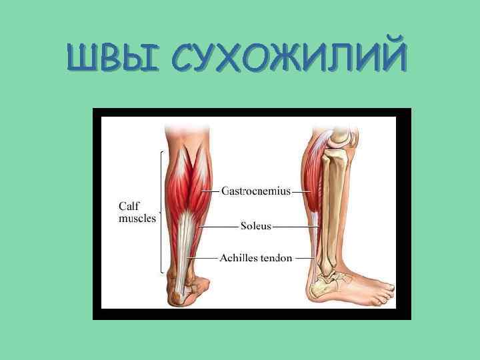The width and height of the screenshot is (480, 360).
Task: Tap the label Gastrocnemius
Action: (256, 191)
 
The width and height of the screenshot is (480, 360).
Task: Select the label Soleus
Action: (256, 226)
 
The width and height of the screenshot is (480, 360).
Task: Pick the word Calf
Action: (129, 207)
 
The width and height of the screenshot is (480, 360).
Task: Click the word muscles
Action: (137, 218)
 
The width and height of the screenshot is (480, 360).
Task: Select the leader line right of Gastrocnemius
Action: (302, 191)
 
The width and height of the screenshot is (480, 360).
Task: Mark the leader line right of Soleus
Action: (293, 227)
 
